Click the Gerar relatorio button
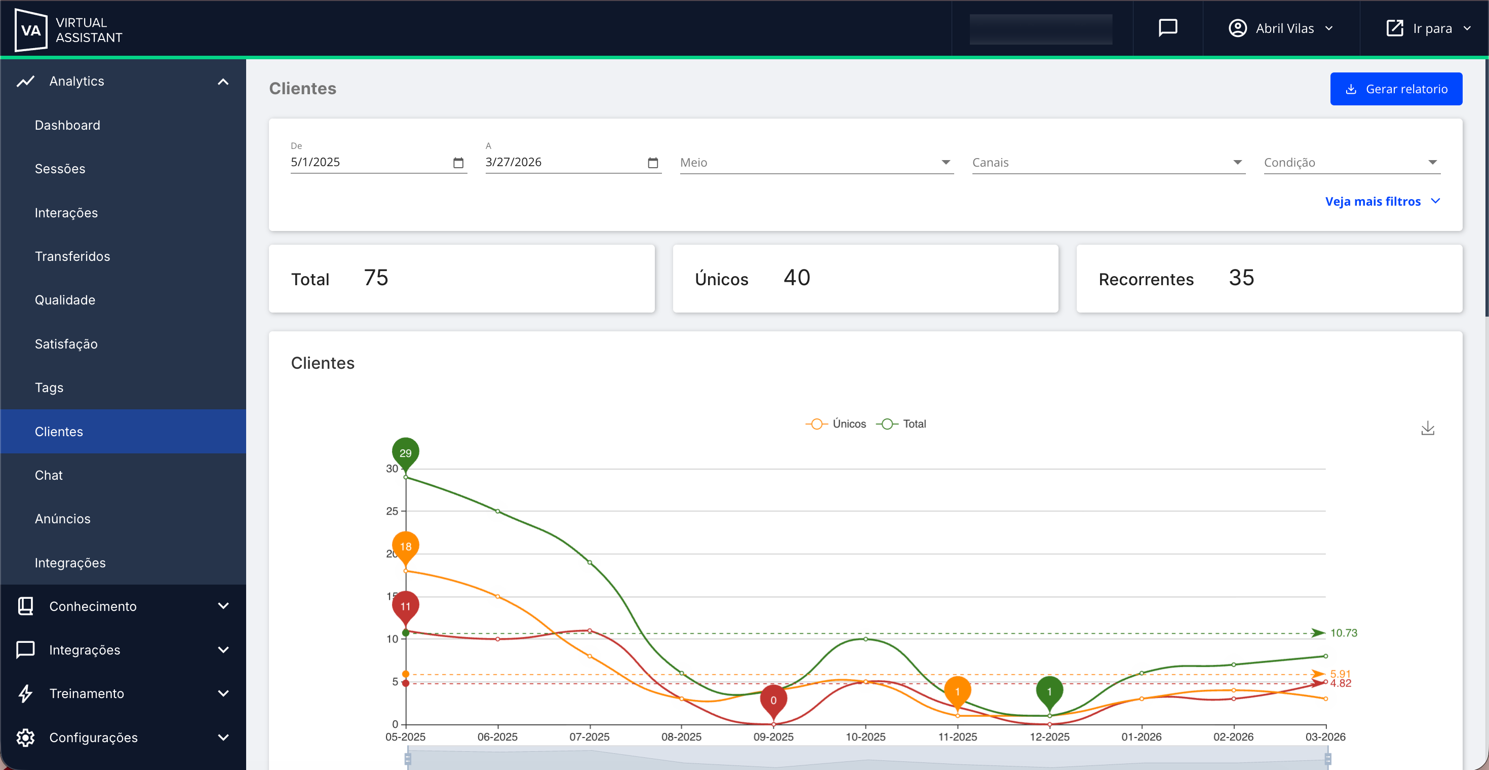(x=1395, y=89)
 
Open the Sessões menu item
(x=60, y=169)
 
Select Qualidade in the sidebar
(x=65, y=300)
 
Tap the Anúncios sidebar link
(x=62, y=519)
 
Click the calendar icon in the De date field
(x=458, y=163)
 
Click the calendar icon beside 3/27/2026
(x=653, y=163)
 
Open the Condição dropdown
(x=1351, y=163)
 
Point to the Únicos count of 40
(x=797, y=278)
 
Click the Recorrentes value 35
(x=1241, y=278)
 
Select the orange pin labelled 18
(x=405, y=546)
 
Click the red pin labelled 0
(x=773, y=700)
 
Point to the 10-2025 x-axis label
(x=866, y=737)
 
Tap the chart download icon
(x=1427, y=429)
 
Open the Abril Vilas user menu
(x=1280, y=28)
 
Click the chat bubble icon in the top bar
(x=1167, y=28)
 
